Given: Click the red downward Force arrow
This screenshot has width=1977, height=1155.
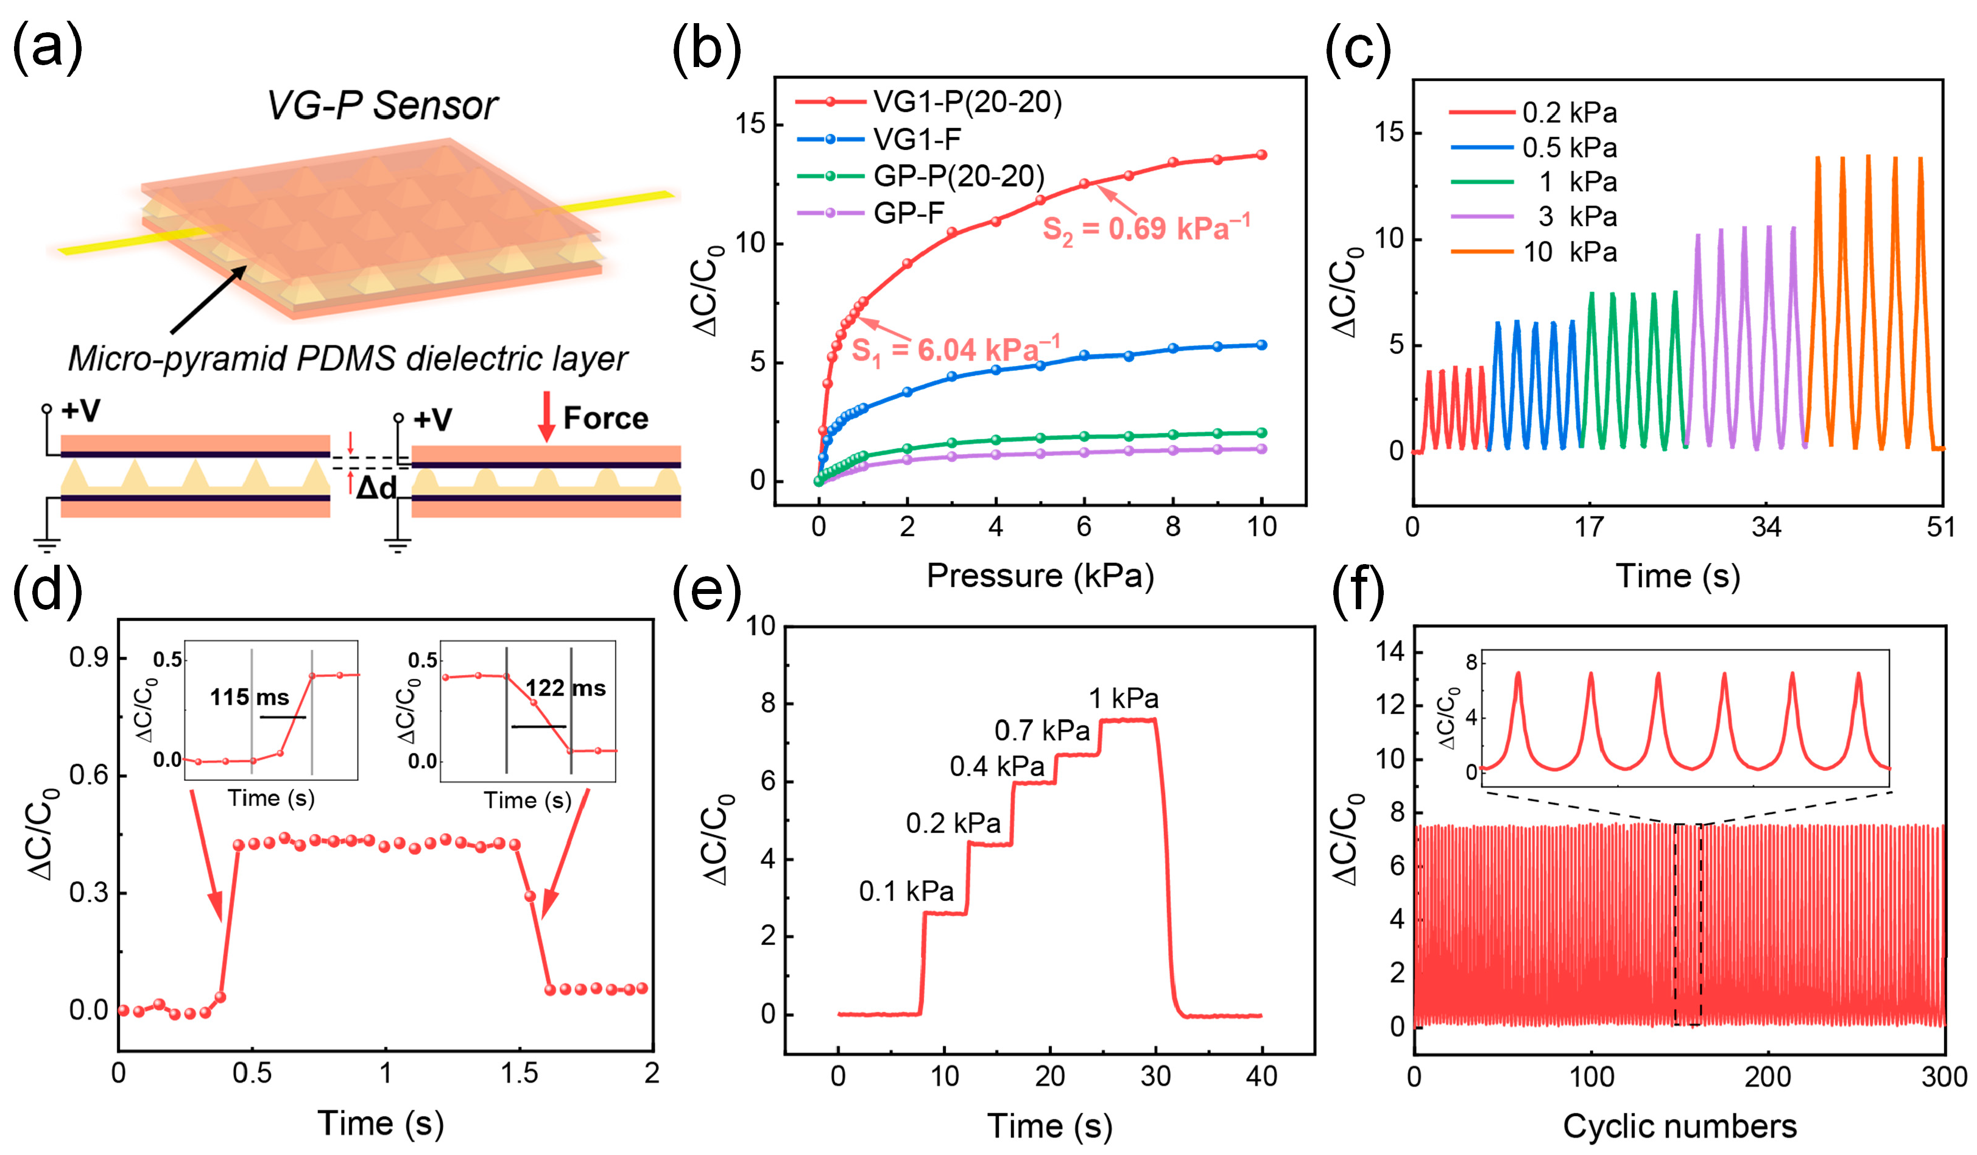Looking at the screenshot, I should click(546, 416).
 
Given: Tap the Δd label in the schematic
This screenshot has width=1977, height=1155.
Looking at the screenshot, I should click(376, 488).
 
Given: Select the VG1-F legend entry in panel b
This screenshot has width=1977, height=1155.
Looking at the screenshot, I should click(879, 140).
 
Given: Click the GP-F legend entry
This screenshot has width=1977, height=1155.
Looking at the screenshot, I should click(871, 213).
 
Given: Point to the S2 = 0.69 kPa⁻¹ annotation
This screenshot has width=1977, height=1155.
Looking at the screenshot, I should click(1146, 229).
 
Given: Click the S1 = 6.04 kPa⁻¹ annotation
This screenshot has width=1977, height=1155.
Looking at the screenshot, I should click(956, 350).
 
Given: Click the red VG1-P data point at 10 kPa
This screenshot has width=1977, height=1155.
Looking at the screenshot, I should click(1261, 155).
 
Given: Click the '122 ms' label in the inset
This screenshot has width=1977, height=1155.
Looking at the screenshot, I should click(565, 688).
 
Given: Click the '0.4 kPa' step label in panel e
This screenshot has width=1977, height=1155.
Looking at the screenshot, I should click(996, 766).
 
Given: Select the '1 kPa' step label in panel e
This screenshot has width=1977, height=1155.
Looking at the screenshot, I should click(1124, 698).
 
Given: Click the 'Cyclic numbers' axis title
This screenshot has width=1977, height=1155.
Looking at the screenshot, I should click(1679, 1125).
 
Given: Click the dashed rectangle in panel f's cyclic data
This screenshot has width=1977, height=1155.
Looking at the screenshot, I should click(1688, 924).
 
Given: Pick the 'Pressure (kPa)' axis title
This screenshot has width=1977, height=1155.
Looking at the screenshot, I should click(1040, 575).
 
